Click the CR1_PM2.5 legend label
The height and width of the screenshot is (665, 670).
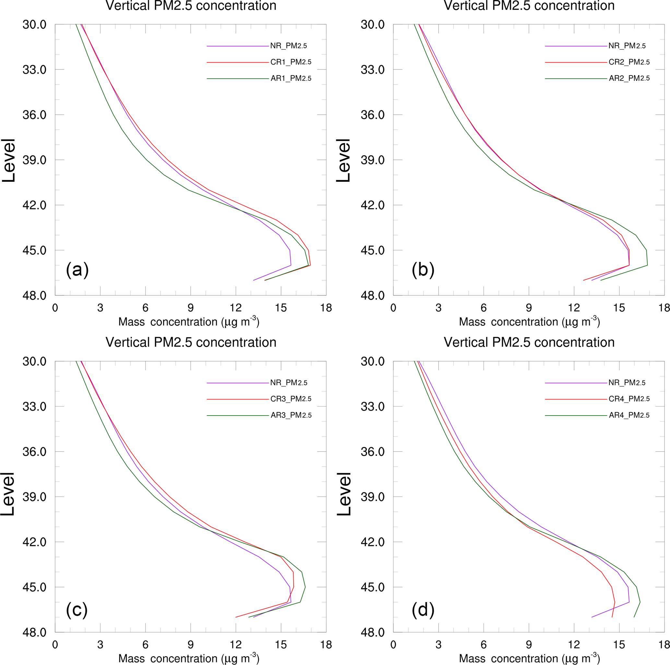pyautogui.click(x=291, y=62)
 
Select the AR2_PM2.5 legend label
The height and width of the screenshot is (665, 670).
pyautogui.click(x=629, y=78)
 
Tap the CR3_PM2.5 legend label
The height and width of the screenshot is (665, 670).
pyautogui.click(x=291, y=399)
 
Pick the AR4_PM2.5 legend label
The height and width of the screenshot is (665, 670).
pyautogui.click(x=629, y=415)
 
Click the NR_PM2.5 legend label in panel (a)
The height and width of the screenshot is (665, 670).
pyautogui.click(x=288, y=46)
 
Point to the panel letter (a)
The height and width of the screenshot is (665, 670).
pyautogui.click(x=77, y=269)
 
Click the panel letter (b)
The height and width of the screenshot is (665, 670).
pyautogui.click(x=423, y=269)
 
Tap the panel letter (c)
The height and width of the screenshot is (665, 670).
pyautogui.click(x=76, y=610)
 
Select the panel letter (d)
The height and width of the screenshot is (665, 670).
pyautogui.click(x=423, y=610)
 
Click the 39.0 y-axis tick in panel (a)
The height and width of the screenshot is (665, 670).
pyautogui.click(x=34, y=160)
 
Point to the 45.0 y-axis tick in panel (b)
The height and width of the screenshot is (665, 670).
pyautogui.click(x=372, y=250)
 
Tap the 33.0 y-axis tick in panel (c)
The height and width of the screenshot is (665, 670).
pyautogui.click(x=34, y=407)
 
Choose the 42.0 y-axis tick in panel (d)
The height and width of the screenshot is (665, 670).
pyautogui.click(x=372, y=542)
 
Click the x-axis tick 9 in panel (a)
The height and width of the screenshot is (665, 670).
pyautogui.click(x=190, y=308)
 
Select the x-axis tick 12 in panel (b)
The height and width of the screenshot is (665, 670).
pyautogui.click(x=574, y=308)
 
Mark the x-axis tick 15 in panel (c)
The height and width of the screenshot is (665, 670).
pyautogui.click(x=281, y=645)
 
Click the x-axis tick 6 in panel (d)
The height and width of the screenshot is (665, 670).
pyautogui.click(x=483, y=645)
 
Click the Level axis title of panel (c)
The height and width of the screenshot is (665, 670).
pyautogui.click(x=8, y=494)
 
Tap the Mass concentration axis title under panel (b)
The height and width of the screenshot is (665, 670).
pyautogui.click(x=529, y=322)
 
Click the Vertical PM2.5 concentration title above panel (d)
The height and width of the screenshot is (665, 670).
pyautogui.click(x=529, y=342)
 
